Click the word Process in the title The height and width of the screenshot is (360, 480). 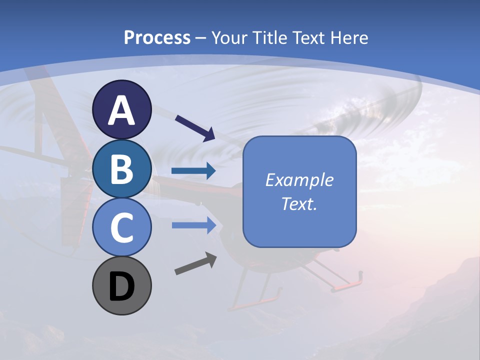coord(157,37)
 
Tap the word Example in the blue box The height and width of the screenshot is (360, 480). coord(299,180)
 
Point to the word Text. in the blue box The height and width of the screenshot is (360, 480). coord(299,203)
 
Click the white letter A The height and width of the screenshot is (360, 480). coord(121,110)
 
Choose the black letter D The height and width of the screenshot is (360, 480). coord(121,287)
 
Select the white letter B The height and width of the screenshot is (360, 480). coord(121,169)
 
